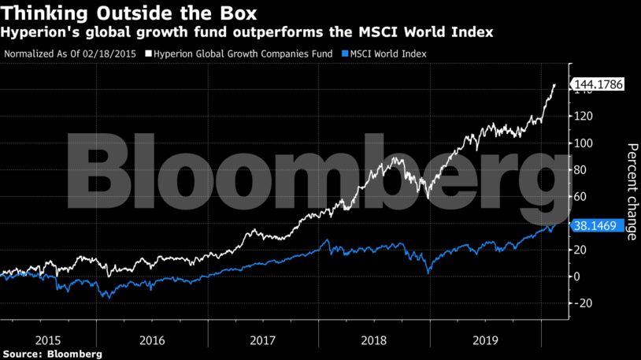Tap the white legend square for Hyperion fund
pos(149,54)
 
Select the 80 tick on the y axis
pos(582,170)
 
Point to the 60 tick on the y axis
pos(582,197)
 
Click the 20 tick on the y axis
pos(582,250)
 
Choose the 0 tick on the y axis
pos(579,276)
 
